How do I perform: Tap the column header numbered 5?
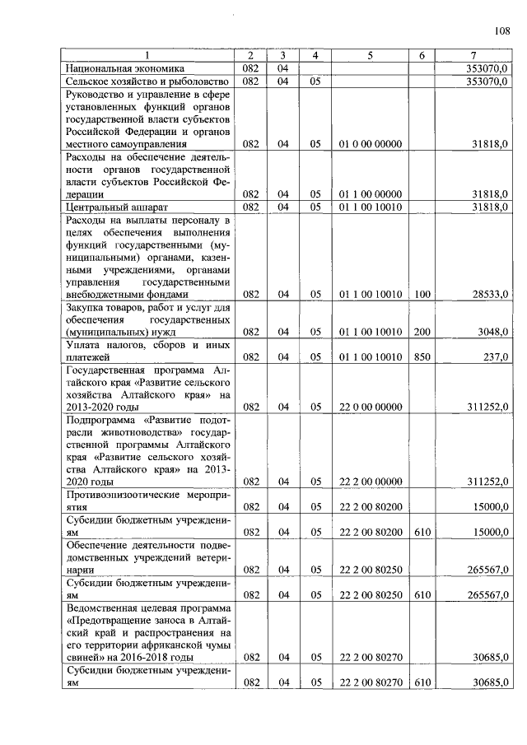[x=370, y=55]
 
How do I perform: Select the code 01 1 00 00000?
[x=370, y=193]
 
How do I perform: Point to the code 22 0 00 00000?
[x=370, y=407]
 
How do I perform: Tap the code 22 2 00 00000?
[x=370, y=482]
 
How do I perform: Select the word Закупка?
[x=88, y=307]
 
